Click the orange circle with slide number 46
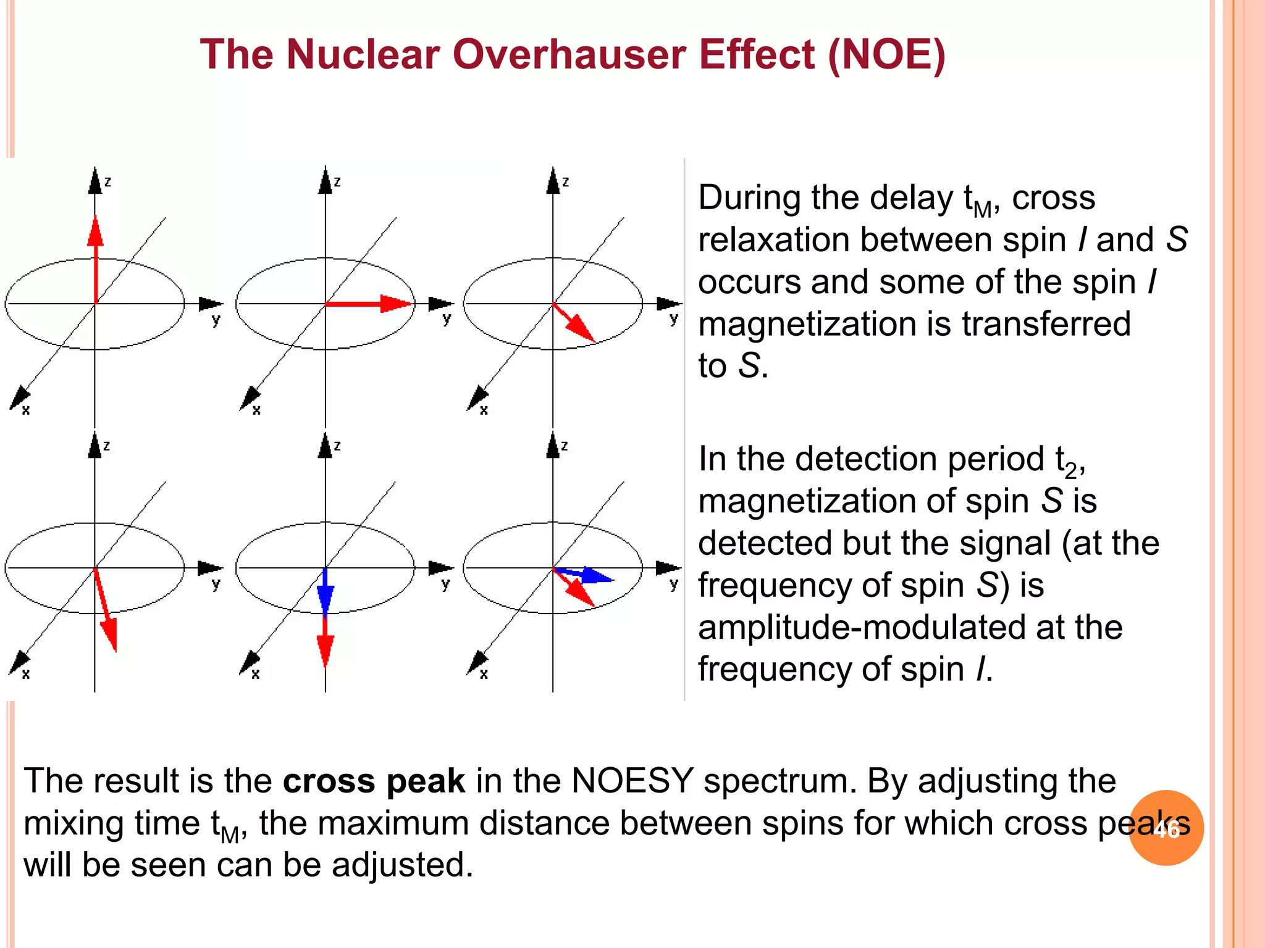pos(1166,828)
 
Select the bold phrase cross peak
pos(373,781)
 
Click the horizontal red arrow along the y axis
pos(368,304)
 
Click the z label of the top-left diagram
pos(107,181)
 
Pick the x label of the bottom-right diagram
pos(484,674)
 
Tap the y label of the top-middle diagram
pos(447,319)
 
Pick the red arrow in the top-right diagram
pos(574,323)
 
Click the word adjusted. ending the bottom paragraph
pos(402,865)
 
